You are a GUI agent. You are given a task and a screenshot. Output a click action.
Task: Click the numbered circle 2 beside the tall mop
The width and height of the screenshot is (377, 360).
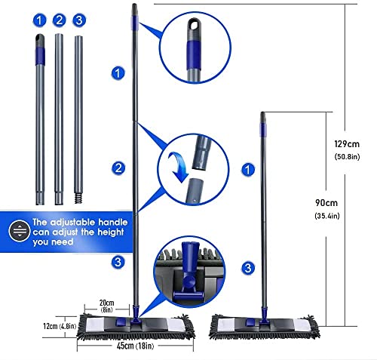pos(118,168)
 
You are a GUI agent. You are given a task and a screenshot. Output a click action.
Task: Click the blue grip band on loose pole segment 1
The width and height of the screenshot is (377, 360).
pos(38,54)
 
